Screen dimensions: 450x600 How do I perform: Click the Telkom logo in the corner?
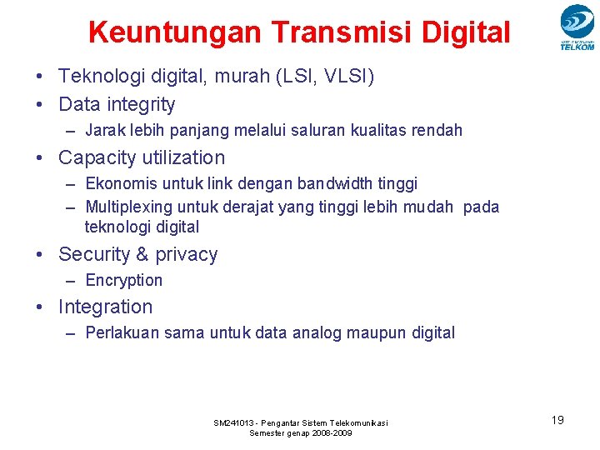tap(577, 27)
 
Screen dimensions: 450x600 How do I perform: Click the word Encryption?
tap(124, 281)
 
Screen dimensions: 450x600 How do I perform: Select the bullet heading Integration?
tap(106, 307)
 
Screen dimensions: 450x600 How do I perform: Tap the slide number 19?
tap(557, 420)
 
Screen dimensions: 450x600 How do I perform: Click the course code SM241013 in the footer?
tap(237, 423)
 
